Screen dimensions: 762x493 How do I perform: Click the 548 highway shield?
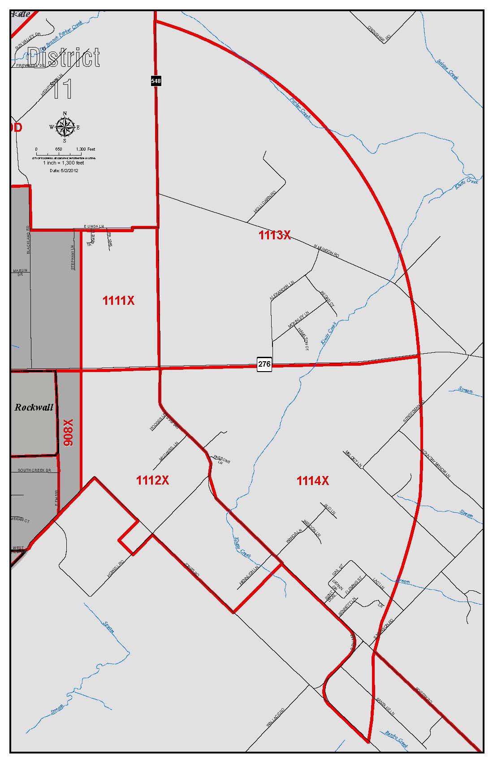(156, 81)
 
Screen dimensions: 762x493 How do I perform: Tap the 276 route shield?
(264, 364)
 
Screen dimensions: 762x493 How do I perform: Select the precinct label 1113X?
(274, 235)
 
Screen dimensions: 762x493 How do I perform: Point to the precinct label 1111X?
(118, 301)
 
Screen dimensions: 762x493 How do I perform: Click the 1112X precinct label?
(152, 481)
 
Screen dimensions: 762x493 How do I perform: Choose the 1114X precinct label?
(312, 481)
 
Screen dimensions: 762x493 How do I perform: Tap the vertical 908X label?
(68, 433)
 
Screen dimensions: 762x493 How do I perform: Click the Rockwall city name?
(34, 407)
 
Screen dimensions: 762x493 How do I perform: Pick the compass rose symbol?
(65, 127)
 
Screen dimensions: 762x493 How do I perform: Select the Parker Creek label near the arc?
(300, 108)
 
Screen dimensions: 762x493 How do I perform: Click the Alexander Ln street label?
(281, 291)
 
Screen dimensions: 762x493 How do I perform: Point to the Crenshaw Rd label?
(379, 33)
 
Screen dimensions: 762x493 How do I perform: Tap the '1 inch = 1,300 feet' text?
(63, 163)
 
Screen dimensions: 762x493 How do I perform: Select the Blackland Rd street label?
(29, 240)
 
